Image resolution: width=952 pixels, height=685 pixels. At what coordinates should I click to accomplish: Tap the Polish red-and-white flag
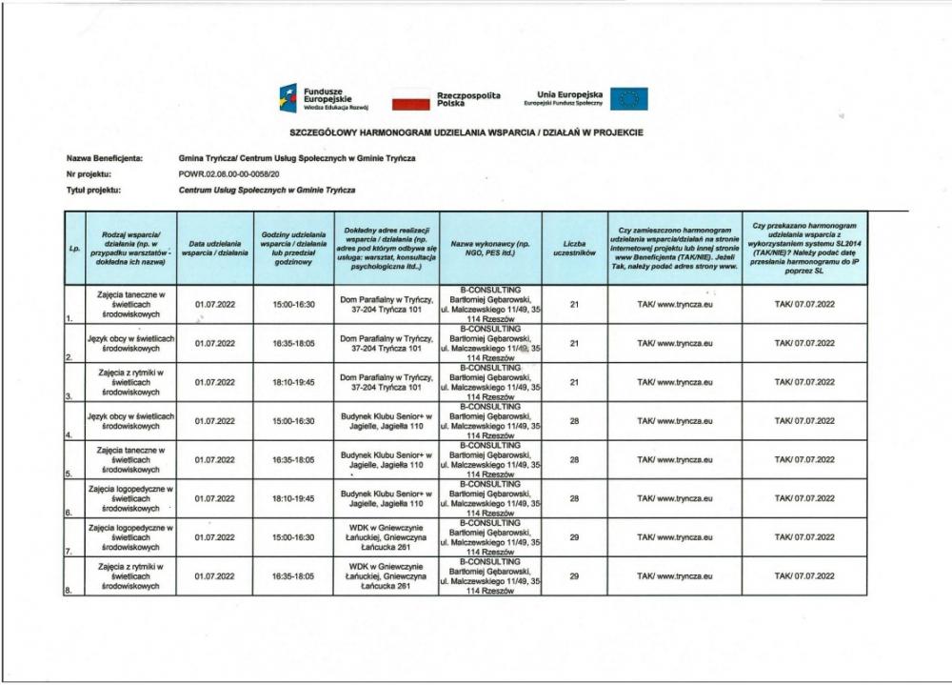coord(410,98)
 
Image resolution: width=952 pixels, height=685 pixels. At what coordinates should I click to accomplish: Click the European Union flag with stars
coord(628,98)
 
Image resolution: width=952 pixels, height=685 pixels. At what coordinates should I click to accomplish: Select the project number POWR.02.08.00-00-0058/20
coord(228,174)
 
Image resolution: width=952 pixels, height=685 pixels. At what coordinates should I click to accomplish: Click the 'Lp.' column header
coord(74,248)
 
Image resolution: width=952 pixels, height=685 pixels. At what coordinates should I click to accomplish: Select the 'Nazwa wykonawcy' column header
coord(490,248)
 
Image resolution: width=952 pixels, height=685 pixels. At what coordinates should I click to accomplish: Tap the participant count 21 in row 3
coord(574,382)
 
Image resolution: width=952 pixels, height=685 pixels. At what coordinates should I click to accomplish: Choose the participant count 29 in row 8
coord(574,576)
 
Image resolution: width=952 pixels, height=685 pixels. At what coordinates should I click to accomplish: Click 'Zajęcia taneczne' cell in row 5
coord(130,459)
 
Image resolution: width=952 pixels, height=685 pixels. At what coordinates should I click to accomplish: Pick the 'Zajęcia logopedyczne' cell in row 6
coord(130,498)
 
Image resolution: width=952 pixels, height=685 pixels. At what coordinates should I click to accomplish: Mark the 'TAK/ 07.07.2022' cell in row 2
coord(804,343)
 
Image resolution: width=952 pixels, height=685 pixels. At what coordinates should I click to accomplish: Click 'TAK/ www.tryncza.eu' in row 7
coord(674,537)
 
